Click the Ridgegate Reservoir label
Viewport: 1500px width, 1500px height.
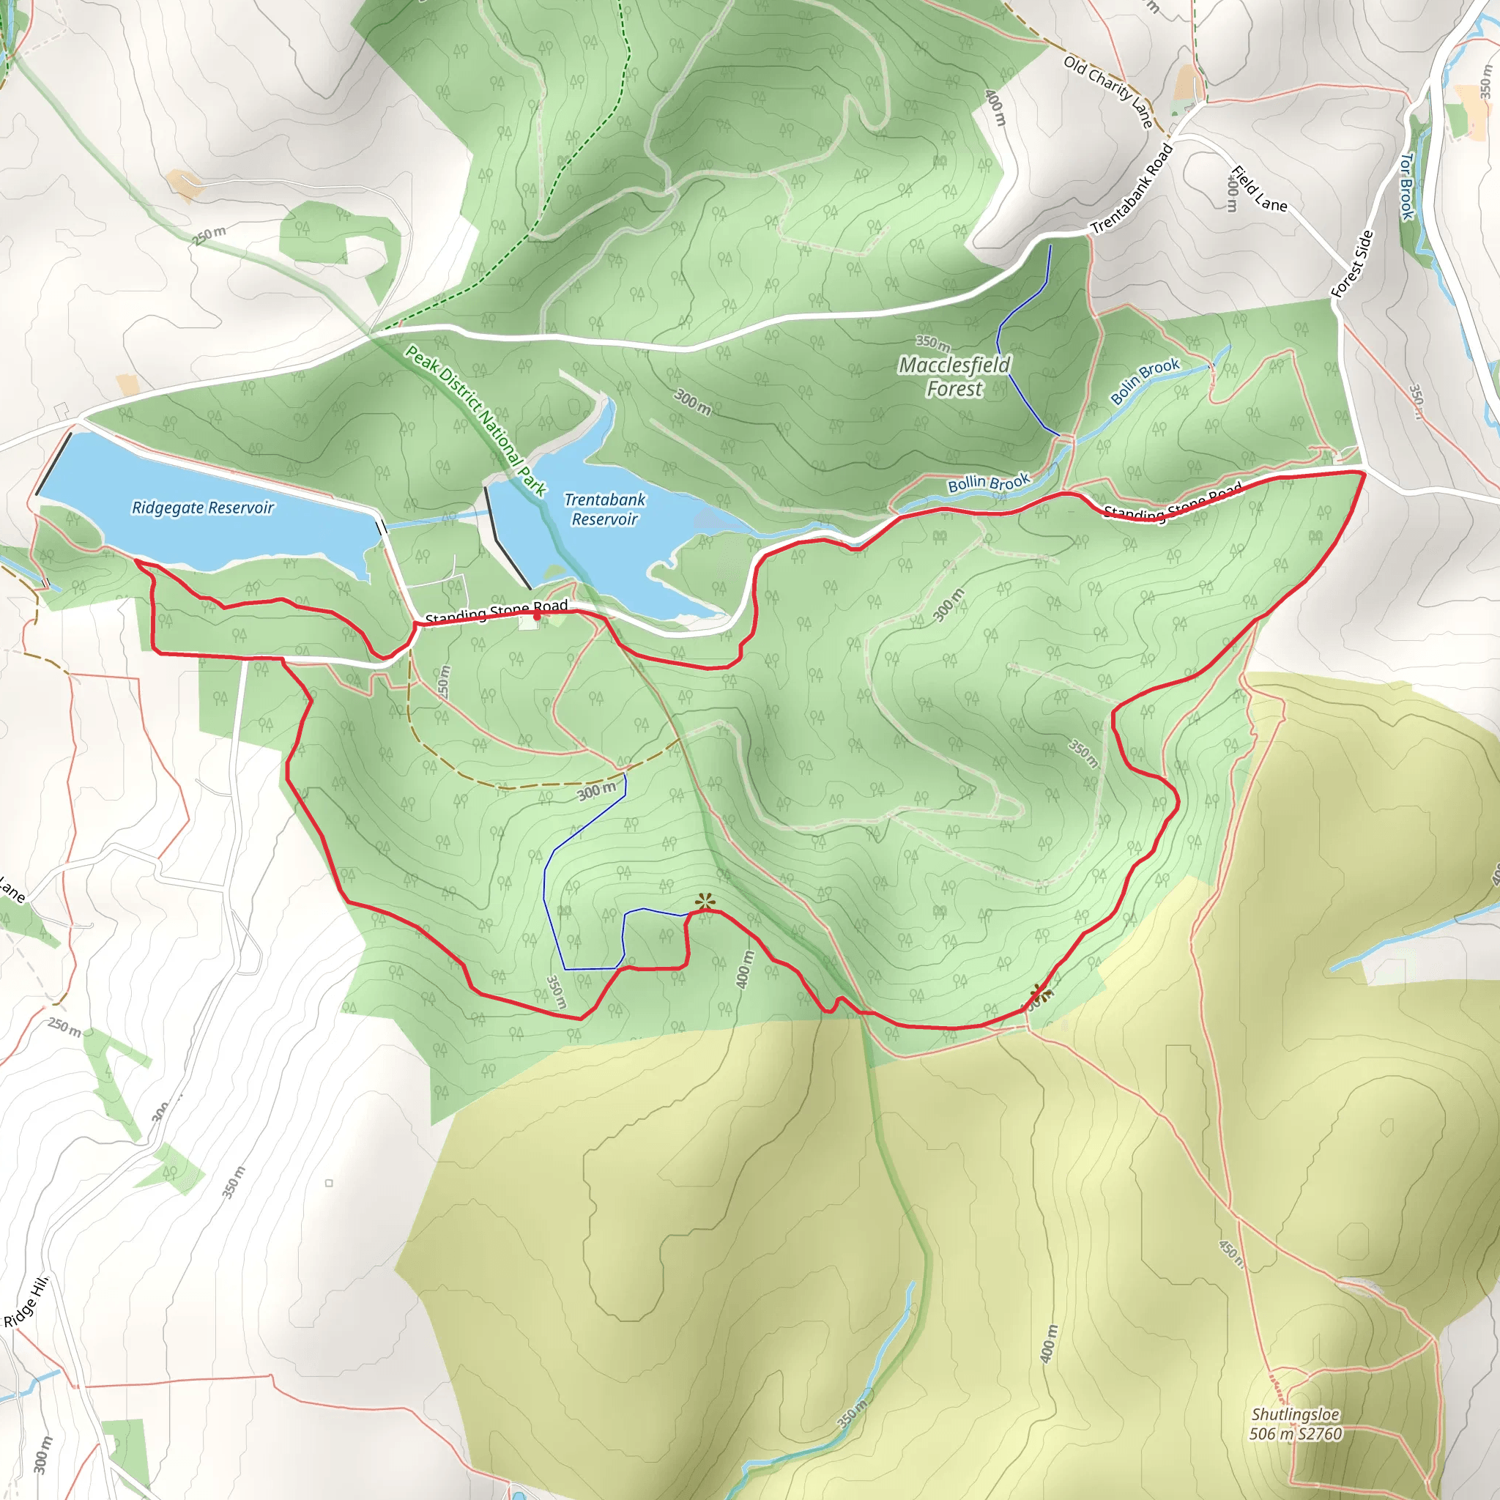point(203,508)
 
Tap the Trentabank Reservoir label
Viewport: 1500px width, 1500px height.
point(605,509)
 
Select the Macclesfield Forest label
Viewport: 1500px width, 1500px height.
point(954,376)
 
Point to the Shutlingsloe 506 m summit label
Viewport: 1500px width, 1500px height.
point(1295,1424)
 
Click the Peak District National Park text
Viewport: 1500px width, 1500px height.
point(475,420)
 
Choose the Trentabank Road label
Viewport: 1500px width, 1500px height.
point(1132,189)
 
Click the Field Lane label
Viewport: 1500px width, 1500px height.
point(1258,190)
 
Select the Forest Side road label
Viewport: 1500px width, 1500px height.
point(1353,264)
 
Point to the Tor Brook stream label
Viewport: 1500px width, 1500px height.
point(1407,185)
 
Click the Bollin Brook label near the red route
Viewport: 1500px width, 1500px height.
point(987,483)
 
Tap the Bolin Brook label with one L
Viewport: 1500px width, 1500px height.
point(1145,380)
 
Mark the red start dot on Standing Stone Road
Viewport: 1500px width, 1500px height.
point(536,616)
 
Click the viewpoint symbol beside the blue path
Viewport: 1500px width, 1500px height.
point(704,902)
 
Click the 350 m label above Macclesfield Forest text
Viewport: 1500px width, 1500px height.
point(932,342)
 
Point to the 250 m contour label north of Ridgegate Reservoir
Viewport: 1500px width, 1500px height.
point(209,235)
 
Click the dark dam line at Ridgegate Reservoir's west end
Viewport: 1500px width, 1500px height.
point(53,464)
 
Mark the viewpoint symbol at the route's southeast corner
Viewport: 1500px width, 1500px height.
point(1039,992)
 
